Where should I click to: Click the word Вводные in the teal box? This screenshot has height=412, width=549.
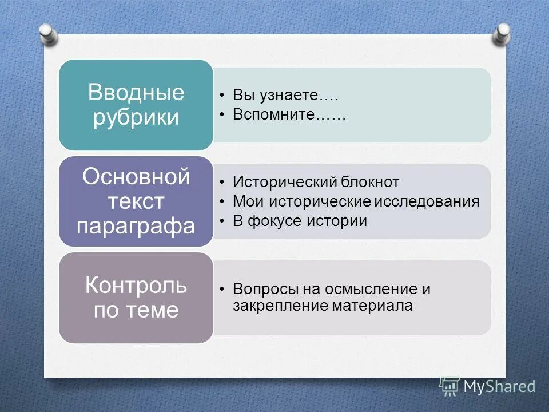(x=136, y=92)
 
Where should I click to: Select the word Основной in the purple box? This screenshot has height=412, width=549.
(x=136, y=177)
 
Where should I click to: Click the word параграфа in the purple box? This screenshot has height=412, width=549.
(x=136, y=225)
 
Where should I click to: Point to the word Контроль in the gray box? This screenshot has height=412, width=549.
(x=136, y=285)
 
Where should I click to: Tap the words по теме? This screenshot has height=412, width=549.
(x=136, y=310)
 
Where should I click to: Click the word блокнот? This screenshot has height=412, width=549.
(x=365, y=183)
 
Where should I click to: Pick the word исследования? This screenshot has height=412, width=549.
(x=428, y=201)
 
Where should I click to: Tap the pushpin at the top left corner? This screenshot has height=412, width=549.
(x=49, y=33)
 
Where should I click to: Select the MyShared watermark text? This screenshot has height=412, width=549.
(x=499, y=386)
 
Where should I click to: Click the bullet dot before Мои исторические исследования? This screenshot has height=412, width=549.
(x=221, y=202)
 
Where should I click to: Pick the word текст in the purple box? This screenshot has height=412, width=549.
(x=136, y=201)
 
